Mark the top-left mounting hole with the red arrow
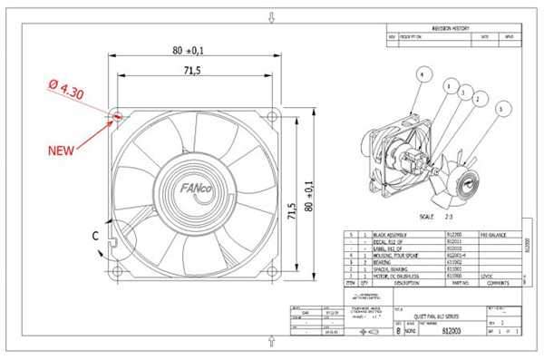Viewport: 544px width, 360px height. [116, 116]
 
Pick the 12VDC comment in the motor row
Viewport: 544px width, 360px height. [486, 275]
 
